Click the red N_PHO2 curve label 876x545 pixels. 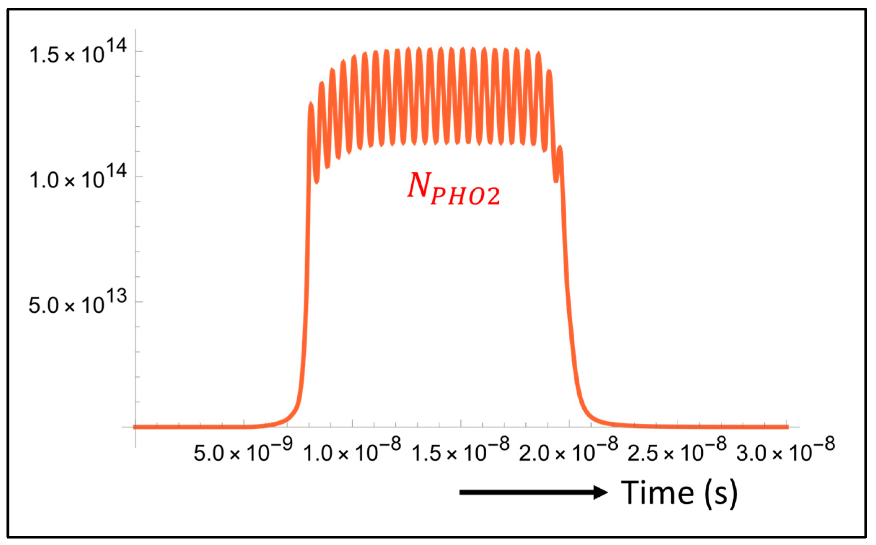pyautogui.click(x=454, y=189)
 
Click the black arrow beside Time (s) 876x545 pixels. pyautogui.click(x=533, y=492)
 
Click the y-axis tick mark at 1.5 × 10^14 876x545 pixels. pyautogui.click(x=139, y=51)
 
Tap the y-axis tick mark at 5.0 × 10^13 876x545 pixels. pyautogui.click(x=139, y=302)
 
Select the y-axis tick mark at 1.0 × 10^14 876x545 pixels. pyautogui.click(x=139, y=176)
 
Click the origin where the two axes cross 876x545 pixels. pyautogui.click(x=136, y=427)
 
